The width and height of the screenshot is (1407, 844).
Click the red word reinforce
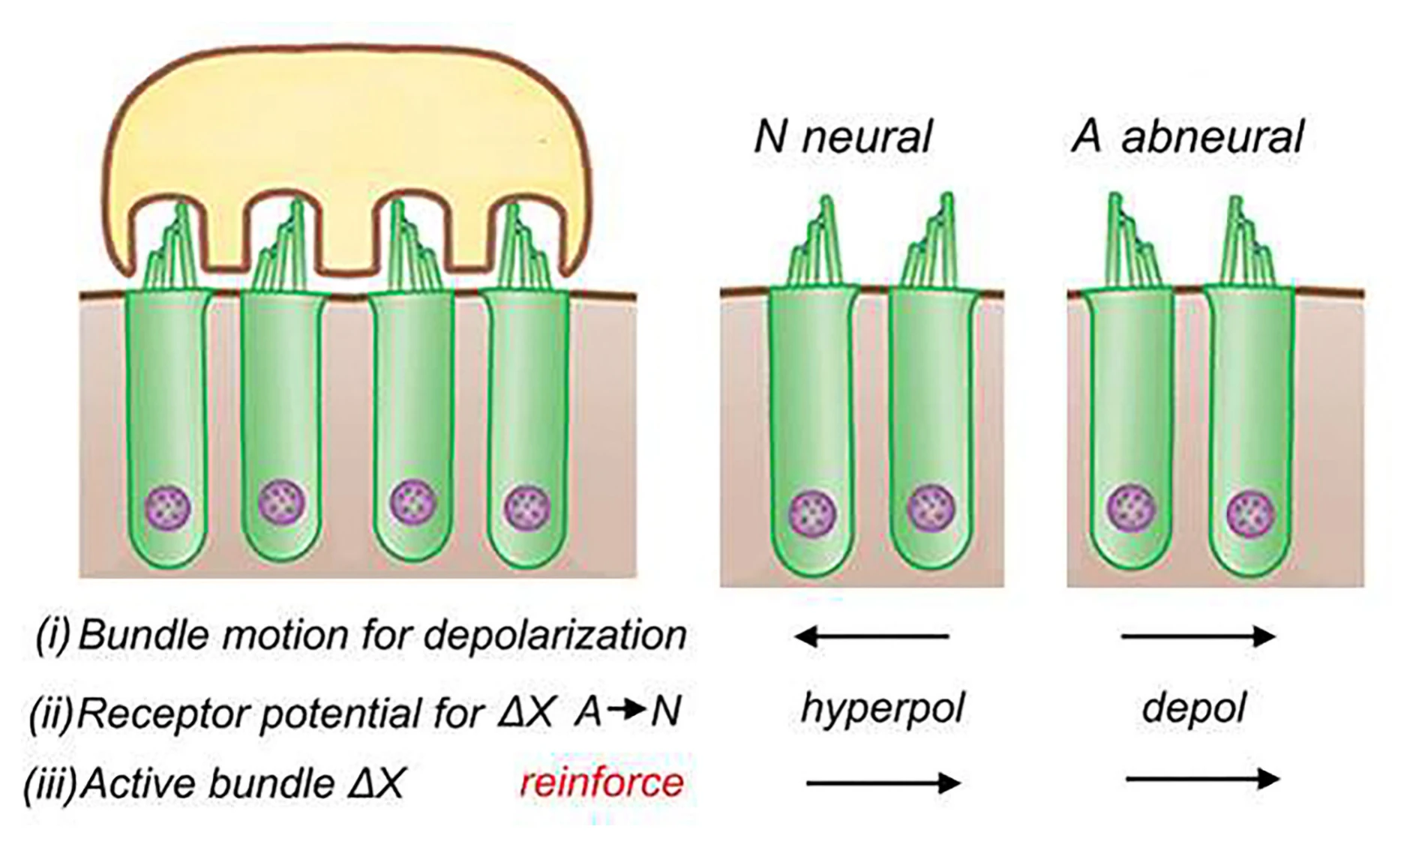[602, 783]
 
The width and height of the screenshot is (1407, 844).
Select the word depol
[1193, 708]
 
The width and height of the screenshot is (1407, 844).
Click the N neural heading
[843, 137]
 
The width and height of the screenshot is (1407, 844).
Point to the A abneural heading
[1188, 137]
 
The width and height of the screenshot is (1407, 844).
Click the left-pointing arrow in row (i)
[871, 637]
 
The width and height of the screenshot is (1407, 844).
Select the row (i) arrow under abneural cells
[1198, 637]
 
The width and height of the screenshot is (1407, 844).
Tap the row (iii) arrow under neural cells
[883, 783]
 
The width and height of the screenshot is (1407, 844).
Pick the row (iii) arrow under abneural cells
[1203, 779]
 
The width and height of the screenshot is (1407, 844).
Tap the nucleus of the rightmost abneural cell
[1251, 513]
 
